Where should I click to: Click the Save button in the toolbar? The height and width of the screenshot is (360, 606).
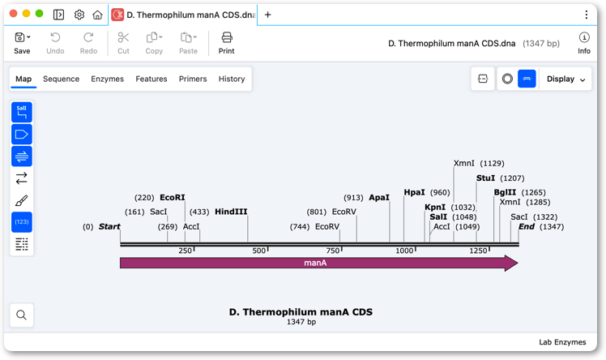click(22, 43)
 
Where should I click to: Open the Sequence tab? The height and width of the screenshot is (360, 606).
click(61, 79)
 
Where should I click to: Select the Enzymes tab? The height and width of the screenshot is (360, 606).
click(108, 79)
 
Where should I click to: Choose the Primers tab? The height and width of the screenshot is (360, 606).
click(193, 79)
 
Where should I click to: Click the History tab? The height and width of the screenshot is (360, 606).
click(232, 79)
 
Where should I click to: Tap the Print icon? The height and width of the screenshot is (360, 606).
click(227, 37)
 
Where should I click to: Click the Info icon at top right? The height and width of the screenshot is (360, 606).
click(584, 37)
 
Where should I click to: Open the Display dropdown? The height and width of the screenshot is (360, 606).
click(565, 79)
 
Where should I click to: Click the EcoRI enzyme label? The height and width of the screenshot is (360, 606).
click(173, 198)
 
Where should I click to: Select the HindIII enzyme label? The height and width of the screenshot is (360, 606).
click(231, 212)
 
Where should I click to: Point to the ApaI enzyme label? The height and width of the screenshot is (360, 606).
click(379, 198)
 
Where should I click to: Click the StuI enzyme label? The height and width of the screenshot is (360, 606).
click(486, 178)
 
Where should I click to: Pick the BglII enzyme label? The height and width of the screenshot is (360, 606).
click(505, 192)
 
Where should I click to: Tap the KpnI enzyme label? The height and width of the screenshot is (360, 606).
click(435, 208)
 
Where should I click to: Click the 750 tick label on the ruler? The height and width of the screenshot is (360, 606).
click(333, 251)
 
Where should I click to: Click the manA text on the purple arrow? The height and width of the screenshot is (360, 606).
click(315, 263)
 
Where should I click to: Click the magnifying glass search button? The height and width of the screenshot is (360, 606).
click(22, 315)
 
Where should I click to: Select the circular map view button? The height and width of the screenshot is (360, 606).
click(507, 79)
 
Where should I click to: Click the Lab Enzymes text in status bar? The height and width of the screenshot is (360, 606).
click(562, 342)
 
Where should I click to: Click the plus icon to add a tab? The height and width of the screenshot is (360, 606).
click(268, 15)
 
